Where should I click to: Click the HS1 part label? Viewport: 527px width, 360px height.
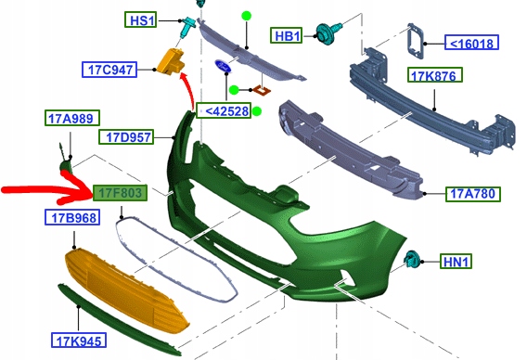143,19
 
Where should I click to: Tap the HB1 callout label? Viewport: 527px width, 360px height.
288,36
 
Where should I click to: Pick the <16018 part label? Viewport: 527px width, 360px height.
472,42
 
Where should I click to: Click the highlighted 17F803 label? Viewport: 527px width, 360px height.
119,192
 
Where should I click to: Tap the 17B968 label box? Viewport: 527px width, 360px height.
71,218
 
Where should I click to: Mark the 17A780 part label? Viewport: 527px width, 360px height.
472,194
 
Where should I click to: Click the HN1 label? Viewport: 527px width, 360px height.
456,264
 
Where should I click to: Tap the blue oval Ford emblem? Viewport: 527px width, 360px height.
224,68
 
